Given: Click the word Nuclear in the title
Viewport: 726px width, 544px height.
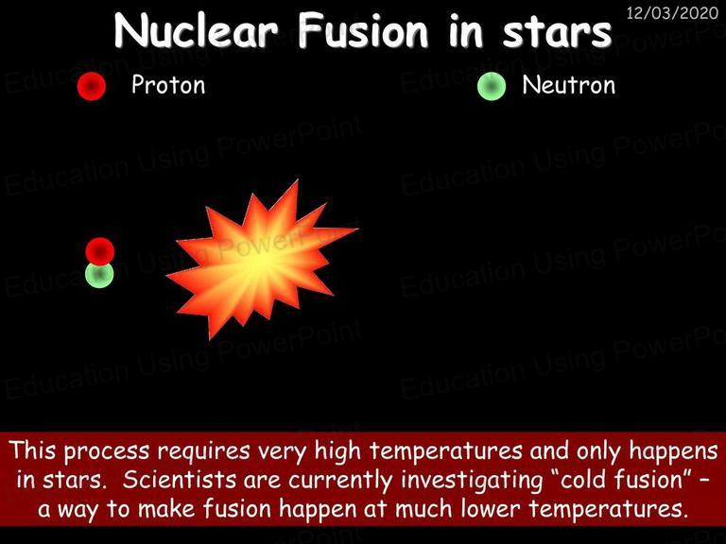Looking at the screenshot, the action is click(196, 31).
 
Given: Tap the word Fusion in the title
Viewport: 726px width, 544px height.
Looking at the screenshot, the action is click(363, 31).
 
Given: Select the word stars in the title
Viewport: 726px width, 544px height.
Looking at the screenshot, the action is click(557, 33).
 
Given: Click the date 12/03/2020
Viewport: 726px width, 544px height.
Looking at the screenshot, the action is click(672, 12).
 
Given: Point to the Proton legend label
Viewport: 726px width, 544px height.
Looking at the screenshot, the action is click(168, 85).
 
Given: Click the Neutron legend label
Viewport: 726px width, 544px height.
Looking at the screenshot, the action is click(568, 85).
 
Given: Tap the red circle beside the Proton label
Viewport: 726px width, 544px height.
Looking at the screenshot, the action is click(92, 87).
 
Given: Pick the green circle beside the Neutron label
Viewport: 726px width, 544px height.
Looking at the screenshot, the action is click(492, 87).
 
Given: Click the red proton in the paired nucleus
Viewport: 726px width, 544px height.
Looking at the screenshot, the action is click(99, 250).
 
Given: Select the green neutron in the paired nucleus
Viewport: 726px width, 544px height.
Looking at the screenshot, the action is click(99, 276).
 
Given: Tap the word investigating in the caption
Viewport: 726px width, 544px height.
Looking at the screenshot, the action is click(472, 481).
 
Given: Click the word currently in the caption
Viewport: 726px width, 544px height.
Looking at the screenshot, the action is click(340, 481).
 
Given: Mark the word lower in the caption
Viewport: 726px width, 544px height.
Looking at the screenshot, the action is click(492, 509).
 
